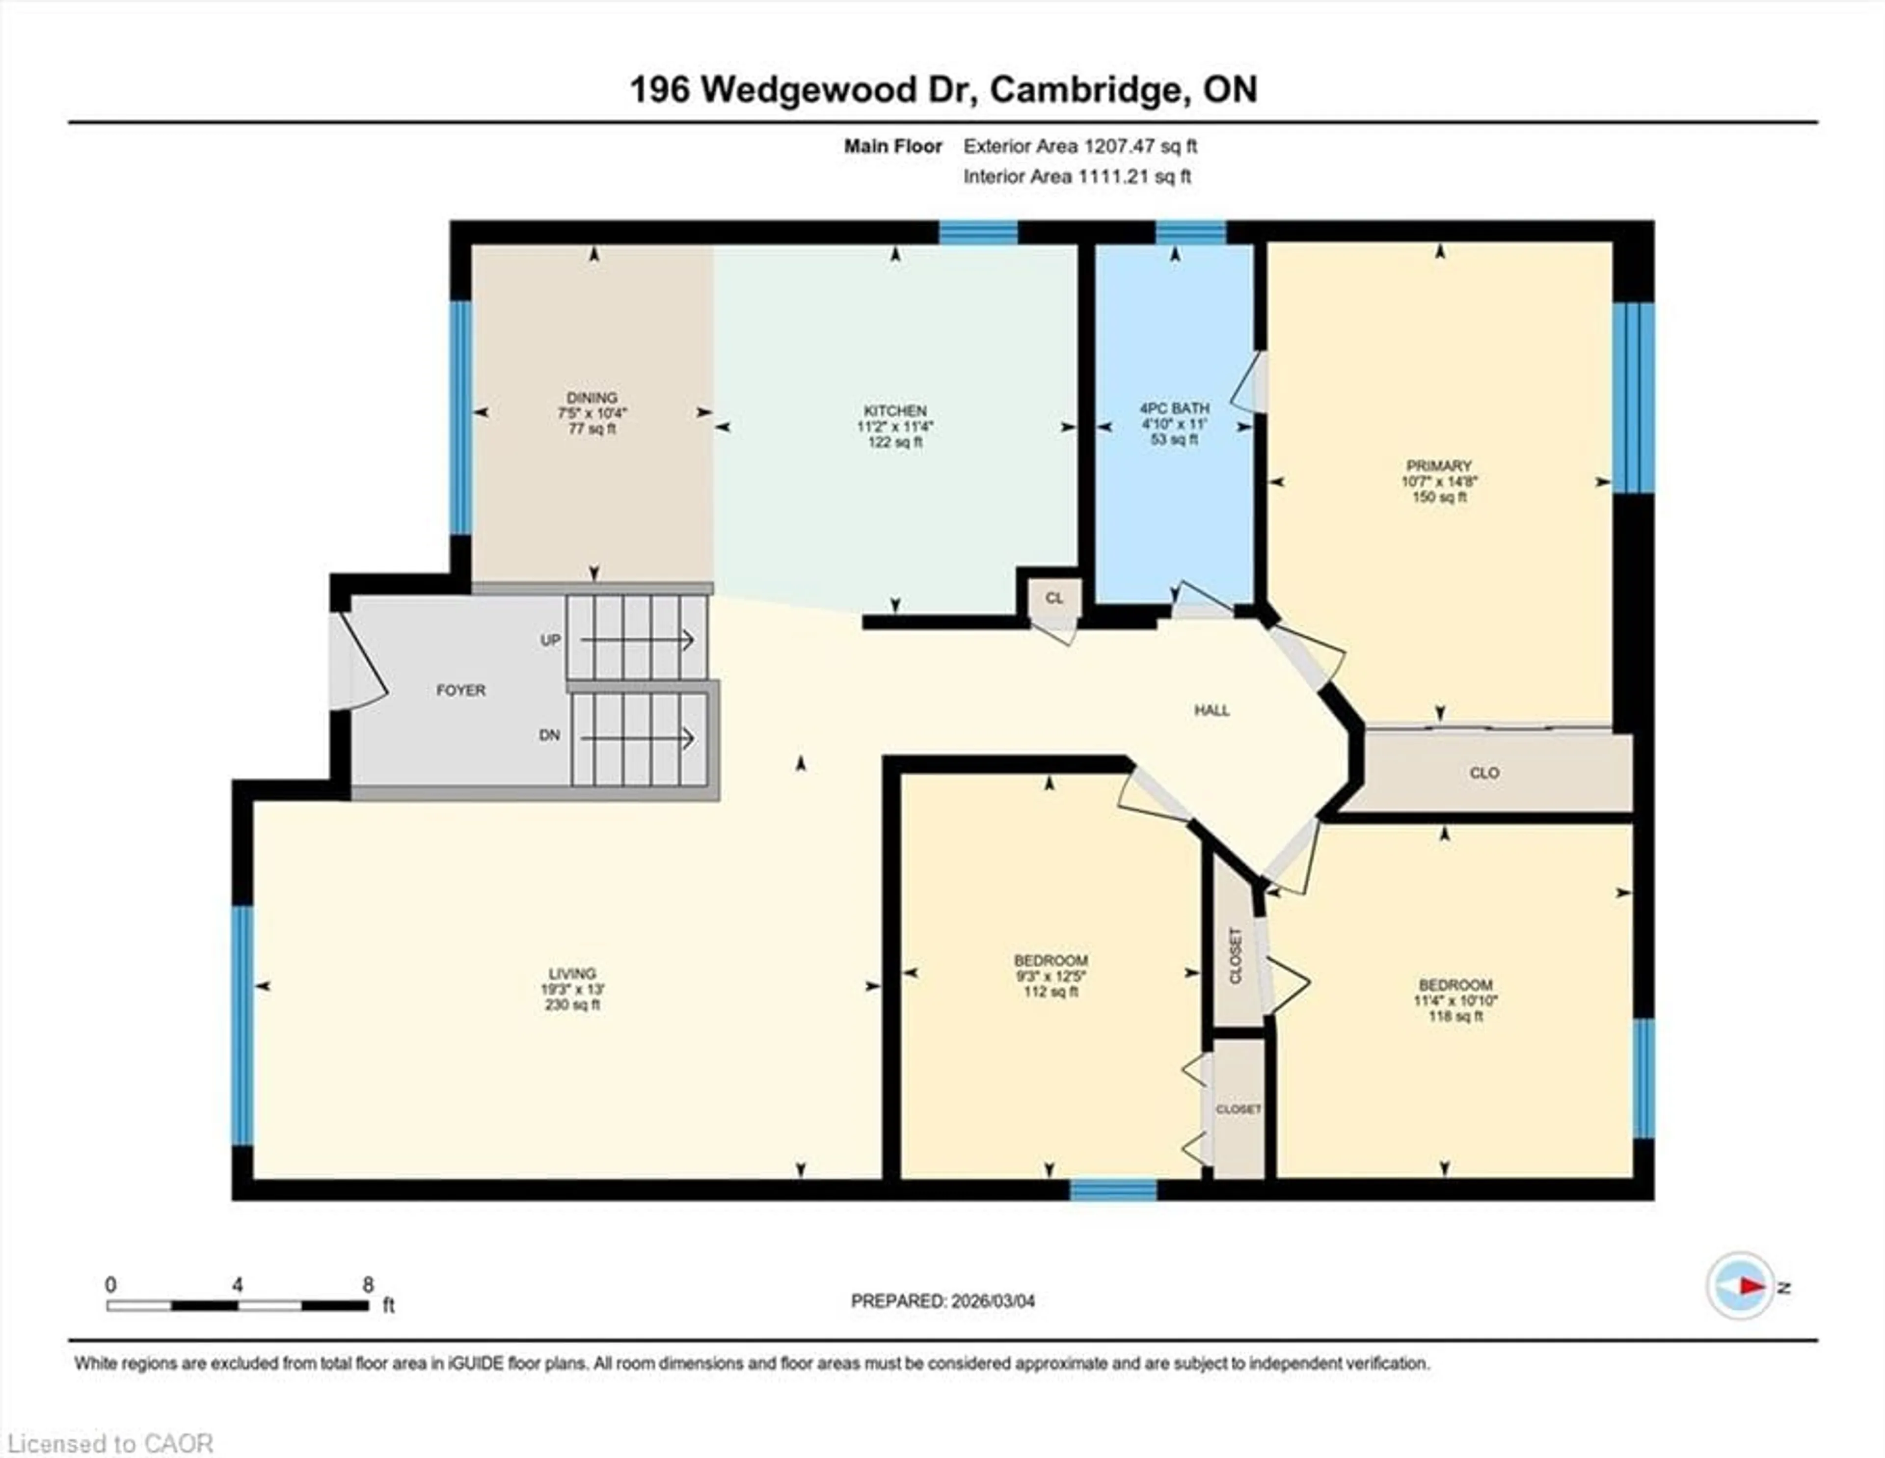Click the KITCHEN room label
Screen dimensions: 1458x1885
pos(895,411)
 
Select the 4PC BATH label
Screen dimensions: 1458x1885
pos(1175,408)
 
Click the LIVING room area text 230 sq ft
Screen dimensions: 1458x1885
pos(572,1005)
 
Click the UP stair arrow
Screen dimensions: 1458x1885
pos(637,640)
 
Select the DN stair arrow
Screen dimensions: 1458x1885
pos(637,738)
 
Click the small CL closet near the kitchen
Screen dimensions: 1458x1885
pos(1054,598)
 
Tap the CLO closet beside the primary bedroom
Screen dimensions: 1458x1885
pos(1483,773)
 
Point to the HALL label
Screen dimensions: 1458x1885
pos(1212,710)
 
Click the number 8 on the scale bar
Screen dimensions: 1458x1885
pos(369,1285)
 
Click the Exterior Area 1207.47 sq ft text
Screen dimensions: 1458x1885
pos(1080,147)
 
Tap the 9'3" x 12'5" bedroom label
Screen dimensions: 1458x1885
pos(1050,976)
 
